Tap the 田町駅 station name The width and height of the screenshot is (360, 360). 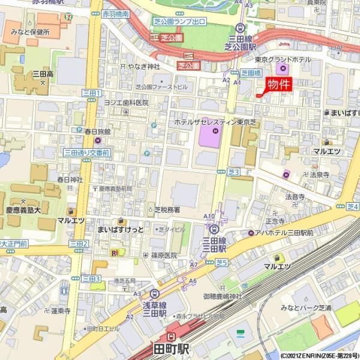coord(172,349)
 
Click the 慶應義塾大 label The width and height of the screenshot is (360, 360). coord(23,209)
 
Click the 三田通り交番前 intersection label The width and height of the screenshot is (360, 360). coord(87,154)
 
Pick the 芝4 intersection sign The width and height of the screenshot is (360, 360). coord(352,206)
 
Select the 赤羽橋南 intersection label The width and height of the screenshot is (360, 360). coord(115,13)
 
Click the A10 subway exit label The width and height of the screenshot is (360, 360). coord(209,216)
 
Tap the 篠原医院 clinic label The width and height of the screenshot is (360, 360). coord(164,255)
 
